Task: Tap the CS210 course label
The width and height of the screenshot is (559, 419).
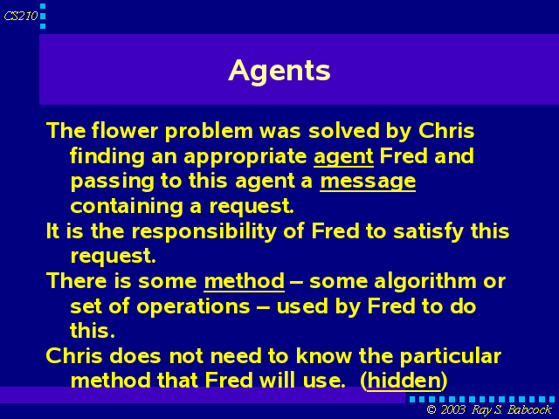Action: coord(21,16)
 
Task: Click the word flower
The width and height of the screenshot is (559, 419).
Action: coord(125,130)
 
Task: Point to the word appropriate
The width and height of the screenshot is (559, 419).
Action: coord(245,157)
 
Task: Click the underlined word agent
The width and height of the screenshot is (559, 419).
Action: coord(343,157)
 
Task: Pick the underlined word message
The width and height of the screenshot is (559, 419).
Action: coord(368,182)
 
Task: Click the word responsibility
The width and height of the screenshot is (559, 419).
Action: coord(204,231)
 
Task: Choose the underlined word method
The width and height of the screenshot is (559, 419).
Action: coord(245,281)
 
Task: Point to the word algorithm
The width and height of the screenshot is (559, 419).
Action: coord(425,282)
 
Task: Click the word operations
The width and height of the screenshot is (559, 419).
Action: coord(193,307)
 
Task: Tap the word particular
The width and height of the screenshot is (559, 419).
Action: coord(451,357)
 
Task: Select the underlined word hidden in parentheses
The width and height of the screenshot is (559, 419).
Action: coord(404,381)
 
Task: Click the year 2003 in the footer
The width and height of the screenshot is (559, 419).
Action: coord(452,410)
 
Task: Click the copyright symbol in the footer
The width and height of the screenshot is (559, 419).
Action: coord(431,410)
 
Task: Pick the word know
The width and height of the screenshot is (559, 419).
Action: coord(324,356)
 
